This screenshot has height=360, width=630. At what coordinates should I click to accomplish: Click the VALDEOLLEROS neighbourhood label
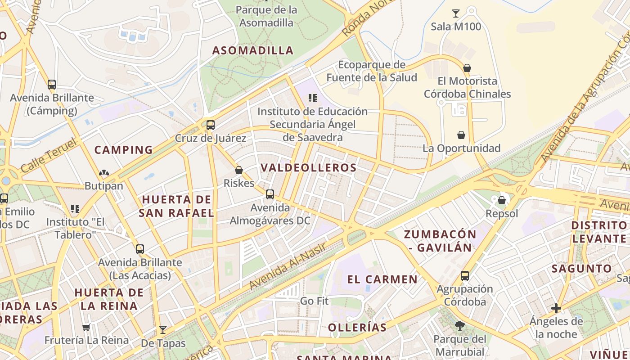click(x=309, y=168)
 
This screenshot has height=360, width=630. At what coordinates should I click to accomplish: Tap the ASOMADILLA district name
click(x=253, y=50)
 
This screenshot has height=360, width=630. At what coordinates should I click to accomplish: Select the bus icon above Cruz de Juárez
click(x=210, y=125)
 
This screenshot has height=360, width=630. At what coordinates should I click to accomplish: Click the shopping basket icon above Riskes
click(x=239, y=170)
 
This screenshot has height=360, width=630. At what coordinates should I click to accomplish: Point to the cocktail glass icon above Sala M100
click(x=456, y=13)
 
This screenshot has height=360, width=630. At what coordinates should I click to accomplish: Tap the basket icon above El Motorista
click(x=467, y=68)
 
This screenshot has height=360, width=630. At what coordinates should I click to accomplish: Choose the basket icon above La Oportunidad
click(x=461, y=135)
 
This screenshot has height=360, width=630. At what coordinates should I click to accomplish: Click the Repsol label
click(x=502, y=214)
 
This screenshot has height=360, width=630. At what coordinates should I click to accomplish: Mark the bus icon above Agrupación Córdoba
click(x=464, y=275)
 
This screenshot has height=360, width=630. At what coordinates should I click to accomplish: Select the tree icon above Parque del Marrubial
click(x=459, y=325)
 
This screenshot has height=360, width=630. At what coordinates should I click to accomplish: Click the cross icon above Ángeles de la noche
click(x=556, y=308)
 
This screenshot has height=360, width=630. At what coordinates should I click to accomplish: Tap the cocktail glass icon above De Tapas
click(x=163, y=330)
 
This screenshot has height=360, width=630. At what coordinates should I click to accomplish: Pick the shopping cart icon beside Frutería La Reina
click(x=86, y=327)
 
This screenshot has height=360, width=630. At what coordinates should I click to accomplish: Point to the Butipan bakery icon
click(x=104, y=173)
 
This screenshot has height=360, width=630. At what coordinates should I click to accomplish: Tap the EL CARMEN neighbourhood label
click(x=382, y=279)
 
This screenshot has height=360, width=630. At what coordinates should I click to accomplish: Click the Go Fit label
click(x=314, y=301)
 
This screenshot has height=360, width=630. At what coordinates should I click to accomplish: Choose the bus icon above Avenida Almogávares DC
click(x=270, y=194)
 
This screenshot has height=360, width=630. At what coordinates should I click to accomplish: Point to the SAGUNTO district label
click(x=581, y=269)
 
